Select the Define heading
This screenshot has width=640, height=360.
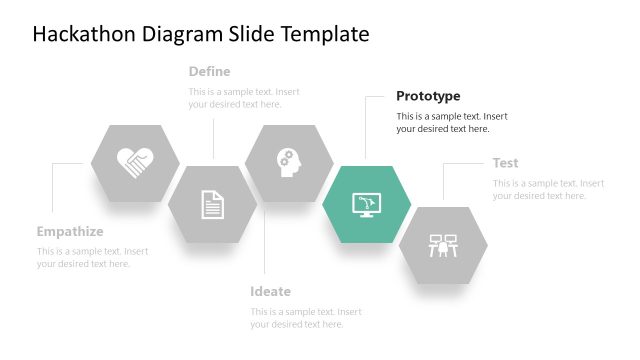[x=209, y=71]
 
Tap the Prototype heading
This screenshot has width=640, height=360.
[x=428, y=96]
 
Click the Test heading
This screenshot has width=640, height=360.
[x=505, y=163]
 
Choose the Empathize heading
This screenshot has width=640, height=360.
[x=70, y=231]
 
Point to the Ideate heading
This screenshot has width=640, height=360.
[x=270, y=291]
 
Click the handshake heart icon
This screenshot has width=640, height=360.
[x=135, y=161]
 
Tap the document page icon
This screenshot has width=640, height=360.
[x=212, y=204]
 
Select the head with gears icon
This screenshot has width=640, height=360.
[x=288, y=162]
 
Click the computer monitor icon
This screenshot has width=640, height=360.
[x=366, y=204]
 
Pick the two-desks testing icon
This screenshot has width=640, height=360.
[x=443, y=245]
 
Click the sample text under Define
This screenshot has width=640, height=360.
[x=243, y=98]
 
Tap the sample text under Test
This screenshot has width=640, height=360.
[x=547, y=190]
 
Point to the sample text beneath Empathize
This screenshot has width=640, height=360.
[x=92, y=258]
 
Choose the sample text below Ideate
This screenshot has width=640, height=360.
[x=305, y=318]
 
